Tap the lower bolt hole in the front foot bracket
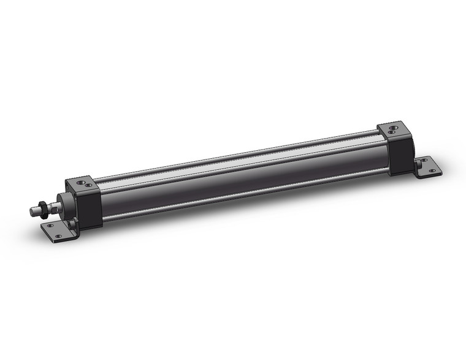click(x=59, y=236)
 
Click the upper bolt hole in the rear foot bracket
click(x=422, y=161)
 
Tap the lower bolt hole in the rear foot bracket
click(x=431, y=170)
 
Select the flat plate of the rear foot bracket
click(x=427, y=165)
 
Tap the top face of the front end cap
click(x=82, y=185)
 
